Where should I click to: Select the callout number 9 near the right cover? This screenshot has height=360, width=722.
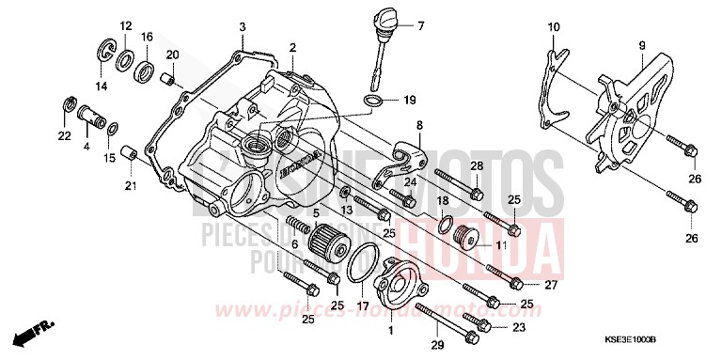pos(641,45)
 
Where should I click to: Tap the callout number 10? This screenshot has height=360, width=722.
pos(553,26)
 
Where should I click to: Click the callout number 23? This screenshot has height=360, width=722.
pos(517,328)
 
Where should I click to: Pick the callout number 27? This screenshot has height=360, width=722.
pos(551,284)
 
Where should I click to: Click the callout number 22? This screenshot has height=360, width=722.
pos(65,137)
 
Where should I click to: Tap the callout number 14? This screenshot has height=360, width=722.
pos(101,86)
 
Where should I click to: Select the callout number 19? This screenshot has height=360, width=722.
pos(409,100)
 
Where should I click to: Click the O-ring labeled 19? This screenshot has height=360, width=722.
pos(372,98)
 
